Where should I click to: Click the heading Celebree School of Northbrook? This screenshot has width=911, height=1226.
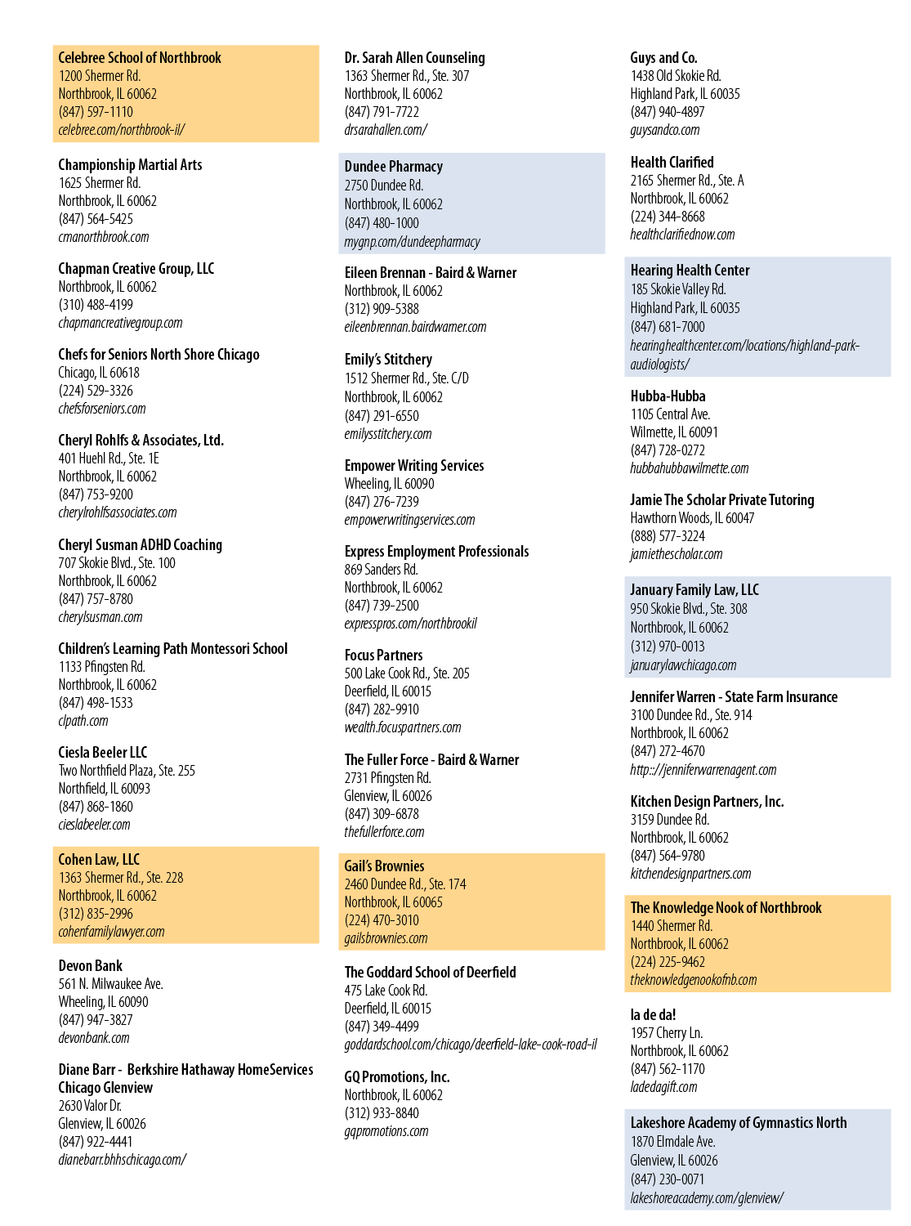[x=139, y=57]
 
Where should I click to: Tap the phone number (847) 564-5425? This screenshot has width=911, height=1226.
[x=96, y=219]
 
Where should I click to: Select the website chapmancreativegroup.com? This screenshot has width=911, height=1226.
[x=120, y=323]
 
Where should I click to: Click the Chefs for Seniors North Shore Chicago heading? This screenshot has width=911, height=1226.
[x=159, y=354]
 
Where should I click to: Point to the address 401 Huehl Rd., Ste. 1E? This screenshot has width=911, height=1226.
[x=109, y=459]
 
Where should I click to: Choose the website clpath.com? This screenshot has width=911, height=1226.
[x=83, y=721]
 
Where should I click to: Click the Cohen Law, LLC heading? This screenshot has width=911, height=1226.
[x=99, y=859]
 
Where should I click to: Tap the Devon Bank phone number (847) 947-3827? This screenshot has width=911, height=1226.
[x=96, y=1019]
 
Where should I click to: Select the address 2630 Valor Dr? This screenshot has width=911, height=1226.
[x=90, y=1105]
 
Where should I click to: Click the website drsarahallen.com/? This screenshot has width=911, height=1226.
[x=386, y=130]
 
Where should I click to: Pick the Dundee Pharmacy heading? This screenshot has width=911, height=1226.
[x=393, y=167]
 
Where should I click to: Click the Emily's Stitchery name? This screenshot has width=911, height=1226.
[x=388, y=360]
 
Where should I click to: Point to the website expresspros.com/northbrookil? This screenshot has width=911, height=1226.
[x=410, y=624]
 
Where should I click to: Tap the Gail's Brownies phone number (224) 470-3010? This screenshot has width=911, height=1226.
[x=382, y=919]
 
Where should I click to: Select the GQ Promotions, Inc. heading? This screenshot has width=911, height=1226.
[x=397, y=1076]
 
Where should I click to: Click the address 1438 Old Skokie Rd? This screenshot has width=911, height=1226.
[x=676, y=76]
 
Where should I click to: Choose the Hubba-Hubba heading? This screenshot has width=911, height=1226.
[x=668, y=396]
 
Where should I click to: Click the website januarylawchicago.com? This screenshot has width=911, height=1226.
[x=683, y=665]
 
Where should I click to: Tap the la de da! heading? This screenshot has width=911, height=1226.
[x=653, y=1014]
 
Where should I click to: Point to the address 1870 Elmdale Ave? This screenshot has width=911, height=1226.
[x=672, y=1141]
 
